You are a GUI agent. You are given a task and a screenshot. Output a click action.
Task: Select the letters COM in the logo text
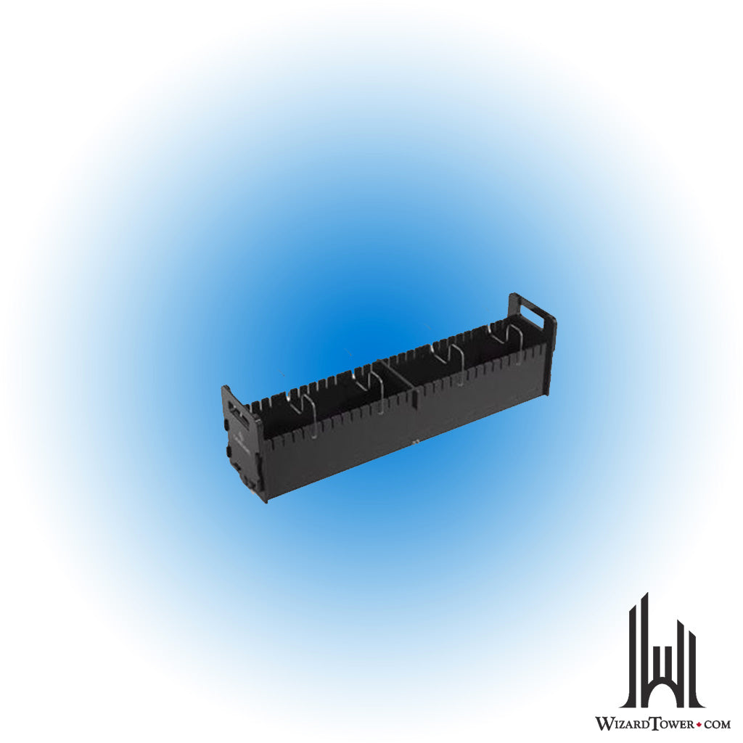pyautogui.click(x=717, y=723)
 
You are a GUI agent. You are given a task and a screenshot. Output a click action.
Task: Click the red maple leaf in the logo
pyautogui.click(x=699, y=724)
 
